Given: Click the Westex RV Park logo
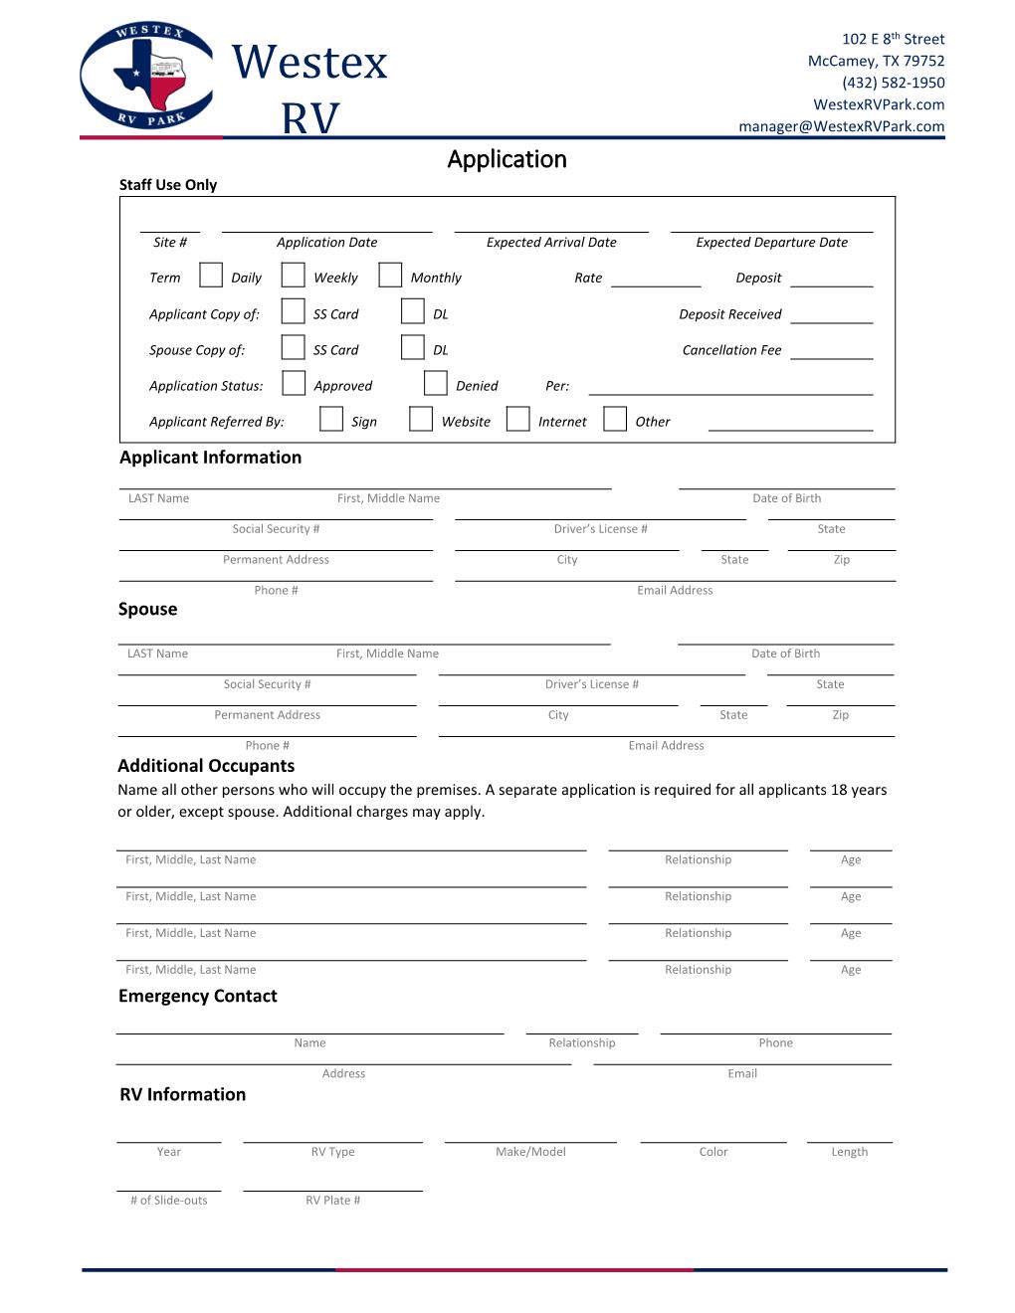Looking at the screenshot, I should [146, 76].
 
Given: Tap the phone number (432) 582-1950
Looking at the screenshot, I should [893, 83].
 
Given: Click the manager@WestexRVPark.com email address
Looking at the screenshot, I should [841, 126].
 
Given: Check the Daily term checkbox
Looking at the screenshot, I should [211, 276].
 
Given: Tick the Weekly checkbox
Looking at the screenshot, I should [293, 276].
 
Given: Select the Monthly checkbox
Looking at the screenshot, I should [390, 276].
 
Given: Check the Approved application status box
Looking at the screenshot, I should [294, 384].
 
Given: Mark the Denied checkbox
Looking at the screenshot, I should [435, 384].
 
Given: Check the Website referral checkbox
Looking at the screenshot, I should [421, 420].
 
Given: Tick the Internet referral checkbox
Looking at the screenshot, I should [517, 420].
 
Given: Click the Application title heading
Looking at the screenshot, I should [507, 159].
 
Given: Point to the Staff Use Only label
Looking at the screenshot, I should [168, 185].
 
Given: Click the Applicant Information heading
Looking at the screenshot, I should [210, 458].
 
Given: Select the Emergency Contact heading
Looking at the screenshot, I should [197, 996].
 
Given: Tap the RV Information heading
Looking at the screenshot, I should [182, 1094].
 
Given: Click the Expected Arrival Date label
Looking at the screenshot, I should [551, 243].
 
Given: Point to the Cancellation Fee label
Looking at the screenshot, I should [731, 350].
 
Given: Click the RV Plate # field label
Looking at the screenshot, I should [332, 1201].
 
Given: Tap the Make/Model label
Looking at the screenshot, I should [530, 1152].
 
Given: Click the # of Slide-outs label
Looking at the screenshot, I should [169, 1201].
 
